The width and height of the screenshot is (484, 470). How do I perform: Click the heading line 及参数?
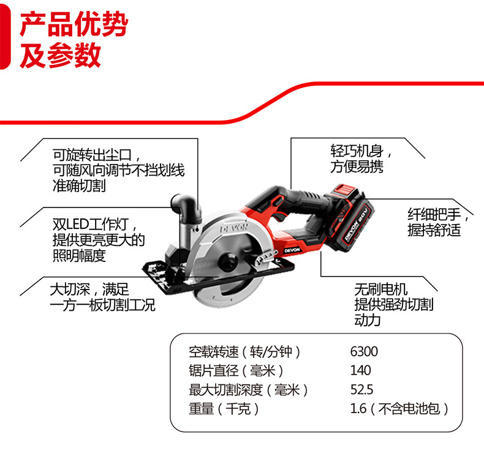pyautogui.click(x=61, y=56)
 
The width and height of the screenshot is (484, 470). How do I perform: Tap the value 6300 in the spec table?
pyautogui.click(x=364, y=352)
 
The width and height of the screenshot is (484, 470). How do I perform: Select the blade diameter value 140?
pyautogui.click(x=361, y=370)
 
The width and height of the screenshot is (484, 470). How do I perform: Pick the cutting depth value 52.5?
pyautogui.click(x=362, y=390)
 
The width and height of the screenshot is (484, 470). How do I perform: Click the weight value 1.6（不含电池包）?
pyautogui.click(x=399, y=409)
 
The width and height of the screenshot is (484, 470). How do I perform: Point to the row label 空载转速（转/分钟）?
pyautogui.click(x=245, y=352)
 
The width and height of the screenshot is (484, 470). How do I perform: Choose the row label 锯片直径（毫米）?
pyautogui.click(x=236, y=370)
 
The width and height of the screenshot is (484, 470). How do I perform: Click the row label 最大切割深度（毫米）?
pyautogui.click(x=249, y=390)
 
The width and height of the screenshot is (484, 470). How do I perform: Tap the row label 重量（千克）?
pyautogui.click(x=224, y=409)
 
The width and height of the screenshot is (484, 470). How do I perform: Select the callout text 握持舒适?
pyautogui.click(x=434, y=229)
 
